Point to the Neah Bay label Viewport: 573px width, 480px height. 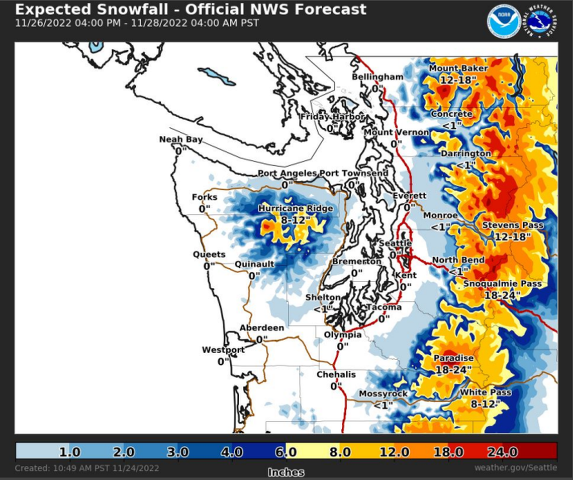pyautogui.click(x=181, y=139)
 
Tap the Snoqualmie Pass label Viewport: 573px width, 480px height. pyautogui.click(x=503, y=284)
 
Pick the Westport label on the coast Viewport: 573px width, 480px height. pyautogui.click(x=223, y=350)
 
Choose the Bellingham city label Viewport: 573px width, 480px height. pyautogui.click(x=377, y=77)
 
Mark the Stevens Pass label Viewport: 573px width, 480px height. pyautogui.click(x=513, y=225)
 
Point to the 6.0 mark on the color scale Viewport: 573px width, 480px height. pyautogui.click(x=286, y=451)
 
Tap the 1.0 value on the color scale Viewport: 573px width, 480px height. pyautogui.click(x=70, y=451)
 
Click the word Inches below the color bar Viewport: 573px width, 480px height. pyautogui.click(x=285, y=472)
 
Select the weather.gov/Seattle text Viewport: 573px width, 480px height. pyautogui.click(x=515, y=468)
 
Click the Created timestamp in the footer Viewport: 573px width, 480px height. pyautogui.click(x=87, y=468)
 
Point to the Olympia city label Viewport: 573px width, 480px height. pyautogui.click(x=342, y=335)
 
